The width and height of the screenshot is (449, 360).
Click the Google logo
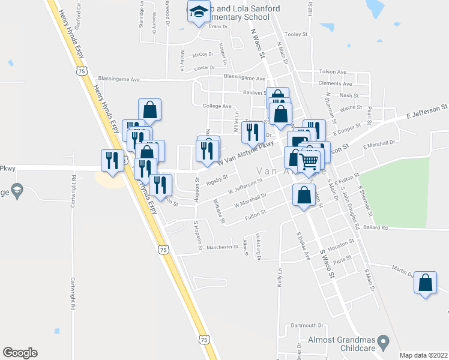20,353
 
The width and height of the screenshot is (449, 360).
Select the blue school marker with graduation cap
199,12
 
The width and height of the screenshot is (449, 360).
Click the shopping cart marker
309,161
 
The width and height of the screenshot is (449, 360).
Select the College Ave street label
217,106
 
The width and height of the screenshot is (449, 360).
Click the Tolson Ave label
333,72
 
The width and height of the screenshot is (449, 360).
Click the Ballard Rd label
376,228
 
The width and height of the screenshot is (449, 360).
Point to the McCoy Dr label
203,55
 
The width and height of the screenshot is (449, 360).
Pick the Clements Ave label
336,83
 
